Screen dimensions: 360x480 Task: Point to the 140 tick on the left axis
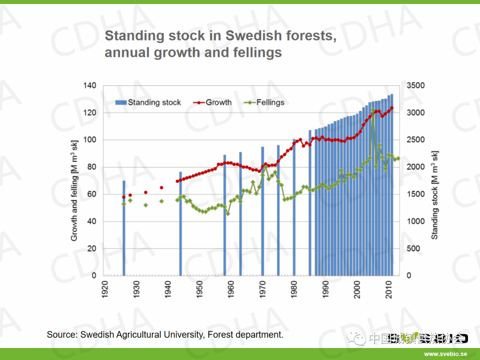coord(90,85)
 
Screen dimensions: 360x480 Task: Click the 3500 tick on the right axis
coord(416,85)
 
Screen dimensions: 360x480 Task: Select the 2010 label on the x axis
coord(389,289)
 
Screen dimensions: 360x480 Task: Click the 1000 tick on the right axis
coord(416,221)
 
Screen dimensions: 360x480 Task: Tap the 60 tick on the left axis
coord(92,194)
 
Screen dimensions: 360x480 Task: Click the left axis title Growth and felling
coord(74,190)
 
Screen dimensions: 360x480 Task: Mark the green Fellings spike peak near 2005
coord(372,110)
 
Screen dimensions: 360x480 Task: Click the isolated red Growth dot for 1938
coord(161,188)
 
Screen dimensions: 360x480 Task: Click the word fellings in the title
coord(257,52)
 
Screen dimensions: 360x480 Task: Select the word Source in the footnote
coord(61,335)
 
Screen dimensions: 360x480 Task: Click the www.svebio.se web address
coord(445,354)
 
